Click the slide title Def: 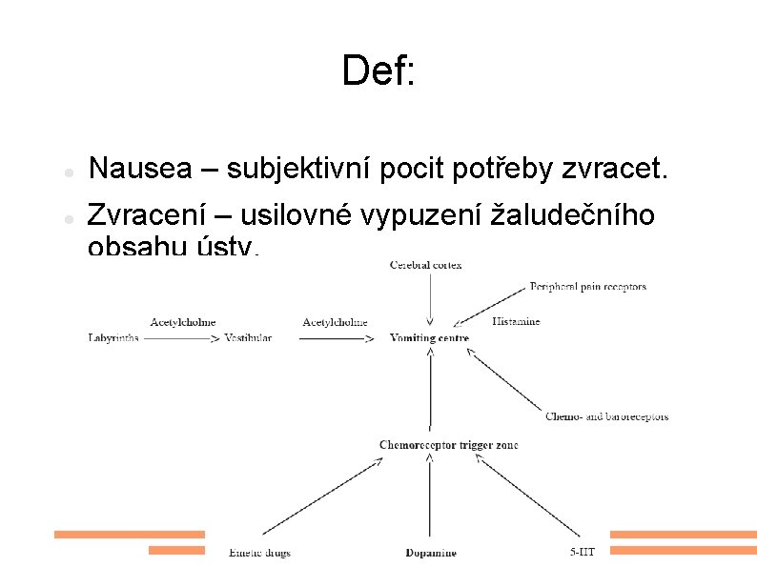(378, 71)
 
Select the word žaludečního (572, 217)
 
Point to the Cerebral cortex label (425, 265)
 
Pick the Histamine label (516, 321)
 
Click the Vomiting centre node (429, 338)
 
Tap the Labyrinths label (113, 338)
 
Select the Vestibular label (249, 338)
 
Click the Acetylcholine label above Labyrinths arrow (183, 322)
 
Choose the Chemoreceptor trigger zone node (448, 445)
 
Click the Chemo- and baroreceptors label (606, 416)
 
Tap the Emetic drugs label (259, 553)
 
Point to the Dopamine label (430, 553)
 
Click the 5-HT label (583, 552)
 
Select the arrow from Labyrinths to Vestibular (180, 338)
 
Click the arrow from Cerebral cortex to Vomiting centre (431, 299)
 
